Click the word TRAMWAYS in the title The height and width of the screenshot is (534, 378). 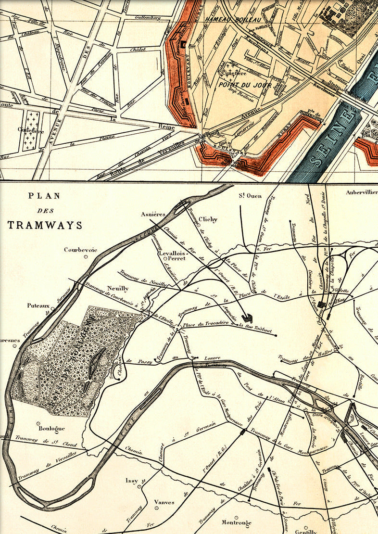tap(45, 225)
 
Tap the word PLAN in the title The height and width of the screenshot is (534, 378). tap(44, 196)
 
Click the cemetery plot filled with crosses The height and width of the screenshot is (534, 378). tap(32, 131)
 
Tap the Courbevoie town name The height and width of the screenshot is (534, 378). tap(80, 250)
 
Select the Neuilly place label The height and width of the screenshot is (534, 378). tap(118, 289)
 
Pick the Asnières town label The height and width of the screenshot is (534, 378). tap(153, 214)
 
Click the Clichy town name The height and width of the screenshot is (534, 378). tap(208, 219)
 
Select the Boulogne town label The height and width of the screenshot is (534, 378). tap(51, 428)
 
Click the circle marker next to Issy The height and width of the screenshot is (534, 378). tap(139, 486)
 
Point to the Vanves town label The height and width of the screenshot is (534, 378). tap(164, 502)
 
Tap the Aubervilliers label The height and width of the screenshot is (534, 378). tap(361, 192)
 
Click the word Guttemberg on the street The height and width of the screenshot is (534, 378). tap(147, 18)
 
